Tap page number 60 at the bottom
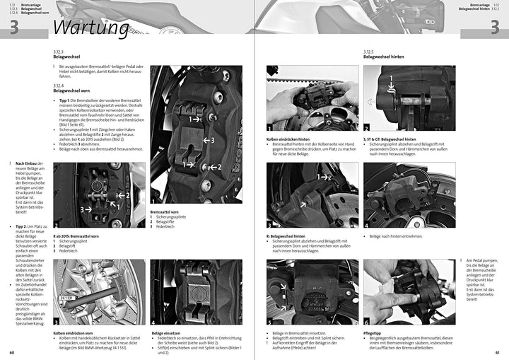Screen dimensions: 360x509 pos(11,352)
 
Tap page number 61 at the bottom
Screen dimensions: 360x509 pos(497,352)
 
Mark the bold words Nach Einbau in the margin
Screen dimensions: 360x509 pos(27,163)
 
